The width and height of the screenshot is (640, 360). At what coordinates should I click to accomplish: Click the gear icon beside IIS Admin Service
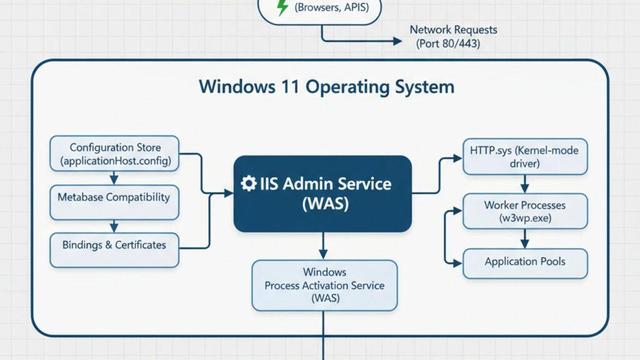249,184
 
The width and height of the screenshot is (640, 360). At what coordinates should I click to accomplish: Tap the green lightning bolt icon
282,7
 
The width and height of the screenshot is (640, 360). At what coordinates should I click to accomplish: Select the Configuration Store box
114,153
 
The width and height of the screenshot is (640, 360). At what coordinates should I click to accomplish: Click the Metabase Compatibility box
114,202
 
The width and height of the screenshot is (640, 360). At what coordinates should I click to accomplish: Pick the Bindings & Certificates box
114,250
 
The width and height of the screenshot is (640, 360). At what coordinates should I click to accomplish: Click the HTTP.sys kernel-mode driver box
525,157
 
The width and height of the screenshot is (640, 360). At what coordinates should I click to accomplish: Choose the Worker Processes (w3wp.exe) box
525,211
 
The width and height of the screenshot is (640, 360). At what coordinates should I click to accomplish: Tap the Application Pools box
525,264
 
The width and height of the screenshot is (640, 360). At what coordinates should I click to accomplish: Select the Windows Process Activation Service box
324,285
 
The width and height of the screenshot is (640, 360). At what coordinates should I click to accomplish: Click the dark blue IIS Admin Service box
322,194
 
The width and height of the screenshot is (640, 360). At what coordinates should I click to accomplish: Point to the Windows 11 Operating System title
327,87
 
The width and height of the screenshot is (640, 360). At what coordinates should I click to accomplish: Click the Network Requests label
453,30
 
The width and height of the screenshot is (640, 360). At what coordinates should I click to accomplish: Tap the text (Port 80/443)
448,43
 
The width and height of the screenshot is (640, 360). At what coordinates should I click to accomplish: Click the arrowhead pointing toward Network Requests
397,41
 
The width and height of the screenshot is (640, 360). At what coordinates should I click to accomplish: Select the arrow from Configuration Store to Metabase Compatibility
114,178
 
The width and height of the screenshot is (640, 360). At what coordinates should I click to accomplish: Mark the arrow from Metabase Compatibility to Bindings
114,227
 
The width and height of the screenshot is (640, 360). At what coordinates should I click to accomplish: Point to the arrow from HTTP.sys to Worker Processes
525,184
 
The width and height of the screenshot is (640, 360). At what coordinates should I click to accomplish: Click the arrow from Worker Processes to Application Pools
525,239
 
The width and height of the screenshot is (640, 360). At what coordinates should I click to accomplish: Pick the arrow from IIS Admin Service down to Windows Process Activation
323,246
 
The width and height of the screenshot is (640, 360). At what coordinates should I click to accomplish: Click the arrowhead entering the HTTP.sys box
458,158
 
